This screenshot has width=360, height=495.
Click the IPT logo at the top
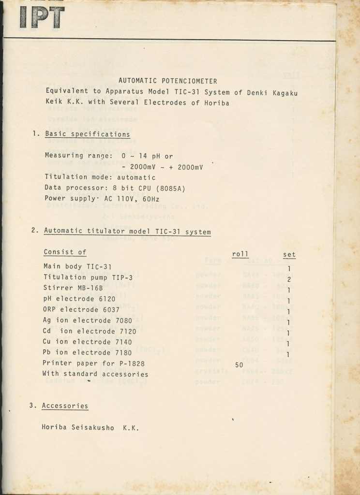point(42,16)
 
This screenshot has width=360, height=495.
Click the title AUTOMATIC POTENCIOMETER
point(168,81)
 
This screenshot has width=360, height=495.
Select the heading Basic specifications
point(87,134)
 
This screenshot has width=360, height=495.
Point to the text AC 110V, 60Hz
point(132,198)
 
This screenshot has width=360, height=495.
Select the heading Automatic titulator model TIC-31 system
point(127,232)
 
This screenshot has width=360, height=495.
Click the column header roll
point(240,254)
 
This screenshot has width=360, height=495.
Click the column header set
point(289,254)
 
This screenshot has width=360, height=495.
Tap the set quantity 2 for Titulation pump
point(289,279)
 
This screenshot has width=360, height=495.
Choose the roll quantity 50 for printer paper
point(239,365)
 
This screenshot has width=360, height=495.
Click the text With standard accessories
point(96,374)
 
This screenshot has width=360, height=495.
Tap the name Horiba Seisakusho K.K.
point(90,427)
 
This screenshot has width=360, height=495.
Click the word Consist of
point(65,252)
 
